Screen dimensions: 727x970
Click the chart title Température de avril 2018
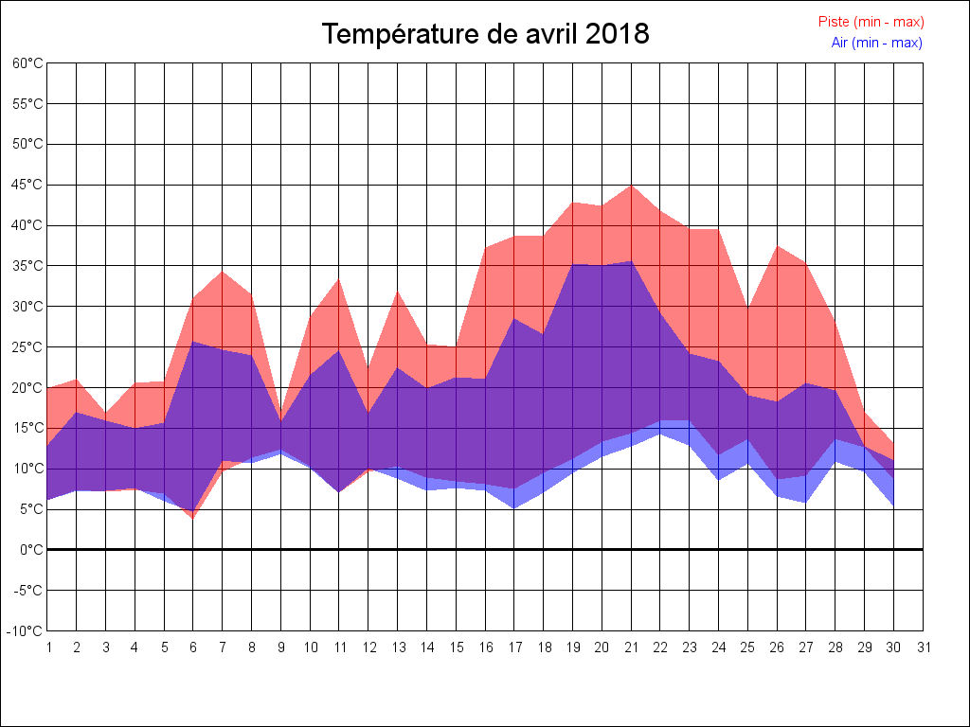[x=485, y=34]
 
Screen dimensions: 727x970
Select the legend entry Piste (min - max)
[x=871, y=22]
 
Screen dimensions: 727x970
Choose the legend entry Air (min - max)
[x=876, y=43]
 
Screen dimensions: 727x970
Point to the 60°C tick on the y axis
[x=27, y=63]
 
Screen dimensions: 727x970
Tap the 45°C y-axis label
[x=27, y=186]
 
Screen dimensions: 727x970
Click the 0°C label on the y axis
[x=31, y=550]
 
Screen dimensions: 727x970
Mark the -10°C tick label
[x=26, y=631]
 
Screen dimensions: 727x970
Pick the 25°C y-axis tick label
[x=27, y=347]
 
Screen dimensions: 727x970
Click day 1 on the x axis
[x=47, y=647]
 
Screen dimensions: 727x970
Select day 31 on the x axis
[x=924, y=647]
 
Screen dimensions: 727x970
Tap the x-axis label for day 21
[x=631, y=647]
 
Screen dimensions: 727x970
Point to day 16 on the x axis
[x=485, y=647]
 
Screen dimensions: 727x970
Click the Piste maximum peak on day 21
[x=631, y=185]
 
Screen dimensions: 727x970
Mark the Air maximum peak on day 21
[x=631, y=261]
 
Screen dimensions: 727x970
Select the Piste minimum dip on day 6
[x=193, y=518]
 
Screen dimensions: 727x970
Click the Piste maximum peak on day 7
[x=223, y=272]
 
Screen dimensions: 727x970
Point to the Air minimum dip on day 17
[x=514, y=508]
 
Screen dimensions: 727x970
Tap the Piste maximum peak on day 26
[x=777, y=246]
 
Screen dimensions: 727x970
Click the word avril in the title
[x=552, y=34]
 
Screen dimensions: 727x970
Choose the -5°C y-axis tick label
[x=27, y=591]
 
